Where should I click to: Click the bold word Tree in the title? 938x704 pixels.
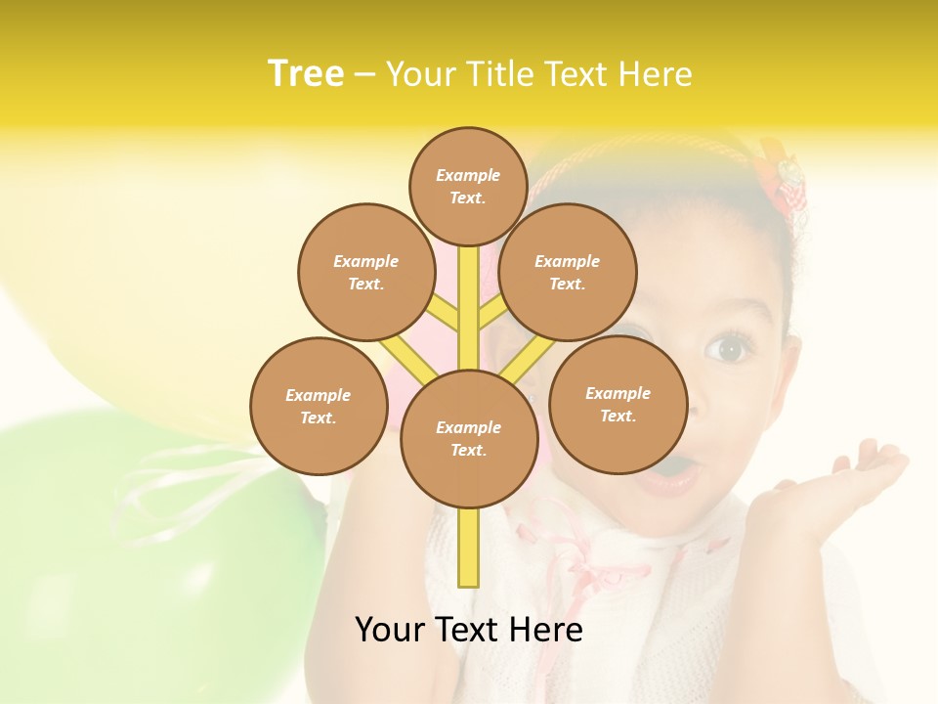306,73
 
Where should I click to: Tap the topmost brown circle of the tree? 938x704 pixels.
468,186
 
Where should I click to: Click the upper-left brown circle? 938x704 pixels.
366,272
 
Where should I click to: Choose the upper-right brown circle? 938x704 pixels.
568,272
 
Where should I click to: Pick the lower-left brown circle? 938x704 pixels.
319,406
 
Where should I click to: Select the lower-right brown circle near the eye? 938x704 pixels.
618,404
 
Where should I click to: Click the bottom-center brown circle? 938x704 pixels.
469,438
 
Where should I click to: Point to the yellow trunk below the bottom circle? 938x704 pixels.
469,548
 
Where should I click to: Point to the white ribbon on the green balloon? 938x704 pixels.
195,489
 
